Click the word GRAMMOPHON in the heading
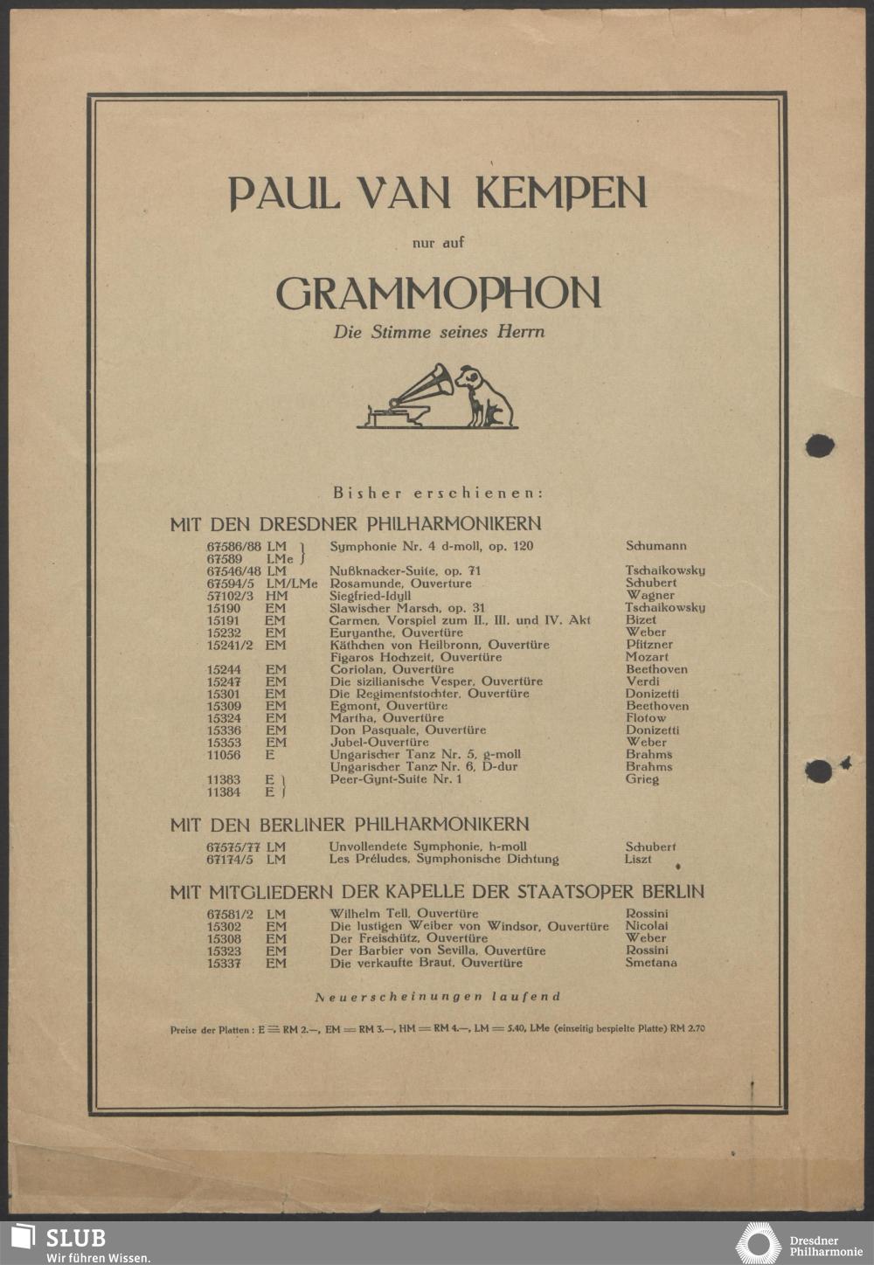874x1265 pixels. point(439,294)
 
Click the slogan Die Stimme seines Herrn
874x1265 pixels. point(439,332)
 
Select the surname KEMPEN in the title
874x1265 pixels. point(561,192)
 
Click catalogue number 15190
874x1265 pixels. point(224,607)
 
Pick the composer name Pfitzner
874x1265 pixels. point(649,644)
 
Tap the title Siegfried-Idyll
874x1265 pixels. point(370,595)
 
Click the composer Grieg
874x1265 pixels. point(642,778)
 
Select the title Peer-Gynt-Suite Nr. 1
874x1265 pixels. point(396,778)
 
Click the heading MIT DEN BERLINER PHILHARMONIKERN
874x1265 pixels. point(350,824)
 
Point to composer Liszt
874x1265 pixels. point(638,859)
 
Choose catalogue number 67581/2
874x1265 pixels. point(230,914)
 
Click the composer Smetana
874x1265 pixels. point(651,963)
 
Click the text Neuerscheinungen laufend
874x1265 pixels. point(437,996)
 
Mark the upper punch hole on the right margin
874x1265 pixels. point(819,446)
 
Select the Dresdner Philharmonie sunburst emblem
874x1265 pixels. point(758,1243)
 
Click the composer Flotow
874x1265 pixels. point(645,717)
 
